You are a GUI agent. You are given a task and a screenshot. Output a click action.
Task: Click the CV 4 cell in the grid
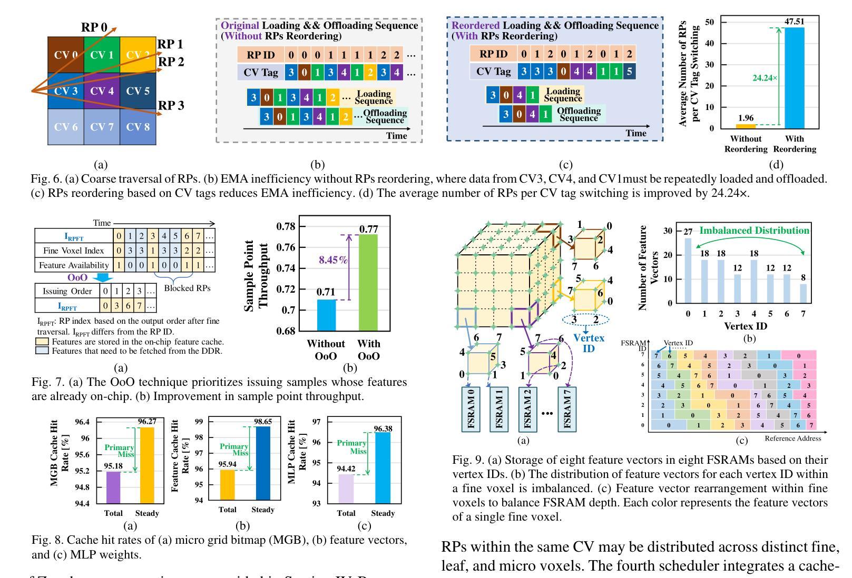pos(102,91)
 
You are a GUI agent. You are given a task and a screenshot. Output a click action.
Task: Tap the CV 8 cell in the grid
pos(138,126)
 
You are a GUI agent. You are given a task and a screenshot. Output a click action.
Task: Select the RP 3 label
pos(171,105)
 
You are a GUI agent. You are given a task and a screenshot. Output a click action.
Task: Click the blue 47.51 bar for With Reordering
pos(795,77)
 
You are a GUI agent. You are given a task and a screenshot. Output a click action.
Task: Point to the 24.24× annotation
pos(765,77)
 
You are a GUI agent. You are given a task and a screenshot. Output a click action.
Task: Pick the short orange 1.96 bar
pos(746,126)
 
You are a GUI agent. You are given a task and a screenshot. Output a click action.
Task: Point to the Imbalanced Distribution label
pos(754,231)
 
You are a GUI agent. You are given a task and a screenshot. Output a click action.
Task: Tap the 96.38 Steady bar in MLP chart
pos(383,467)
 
